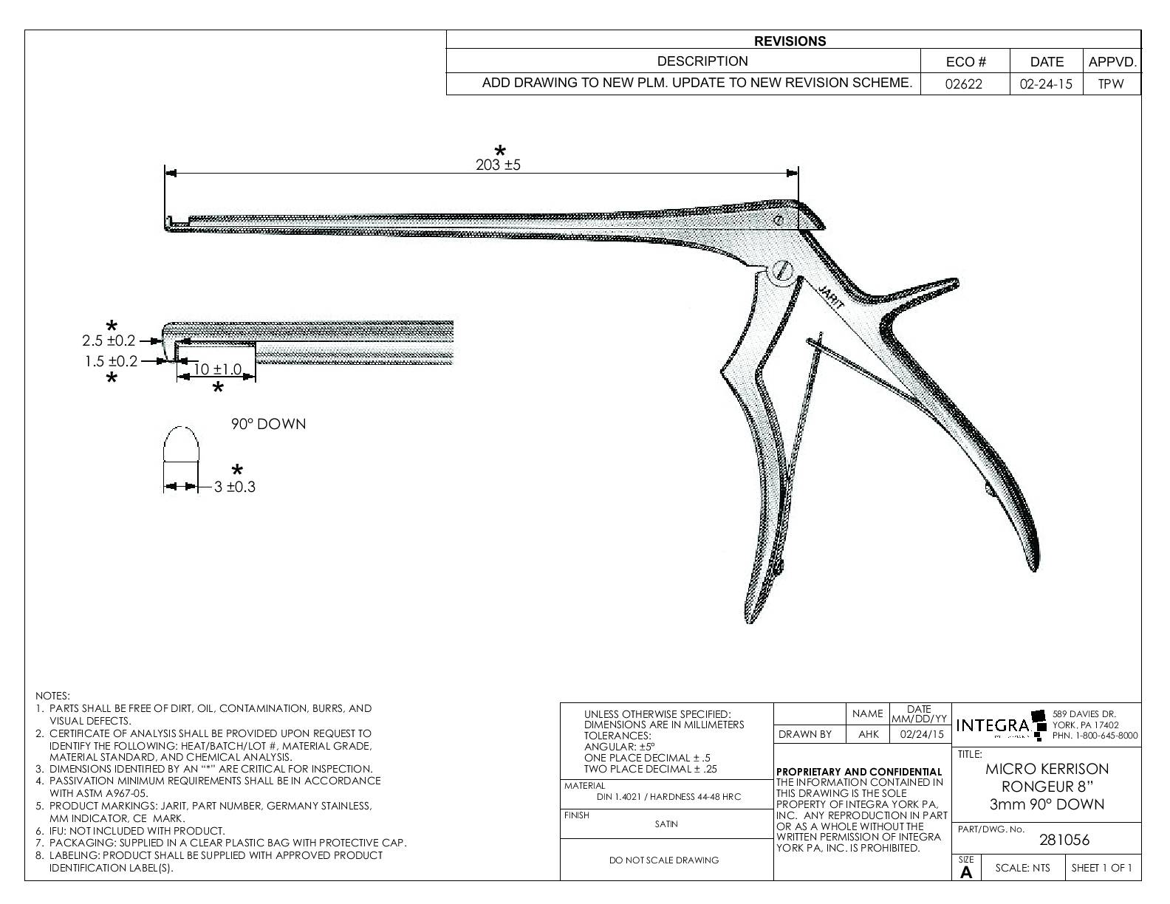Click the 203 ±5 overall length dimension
(498, 165)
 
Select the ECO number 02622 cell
(965, 84)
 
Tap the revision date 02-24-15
(1045, 84)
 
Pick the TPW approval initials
(1110, 84)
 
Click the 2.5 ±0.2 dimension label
(109, 340)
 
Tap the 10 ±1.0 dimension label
(217, 369)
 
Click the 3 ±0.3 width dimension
(235, 487)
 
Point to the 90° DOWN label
(268, 425)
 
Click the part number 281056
(1064, 840)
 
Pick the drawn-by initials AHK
(868, 734)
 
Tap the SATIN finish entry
(666, 824)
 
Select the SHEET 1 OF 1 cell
(1101, 868)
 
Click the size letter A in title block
(965, 872)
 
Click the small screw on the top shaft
(779, 220)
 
